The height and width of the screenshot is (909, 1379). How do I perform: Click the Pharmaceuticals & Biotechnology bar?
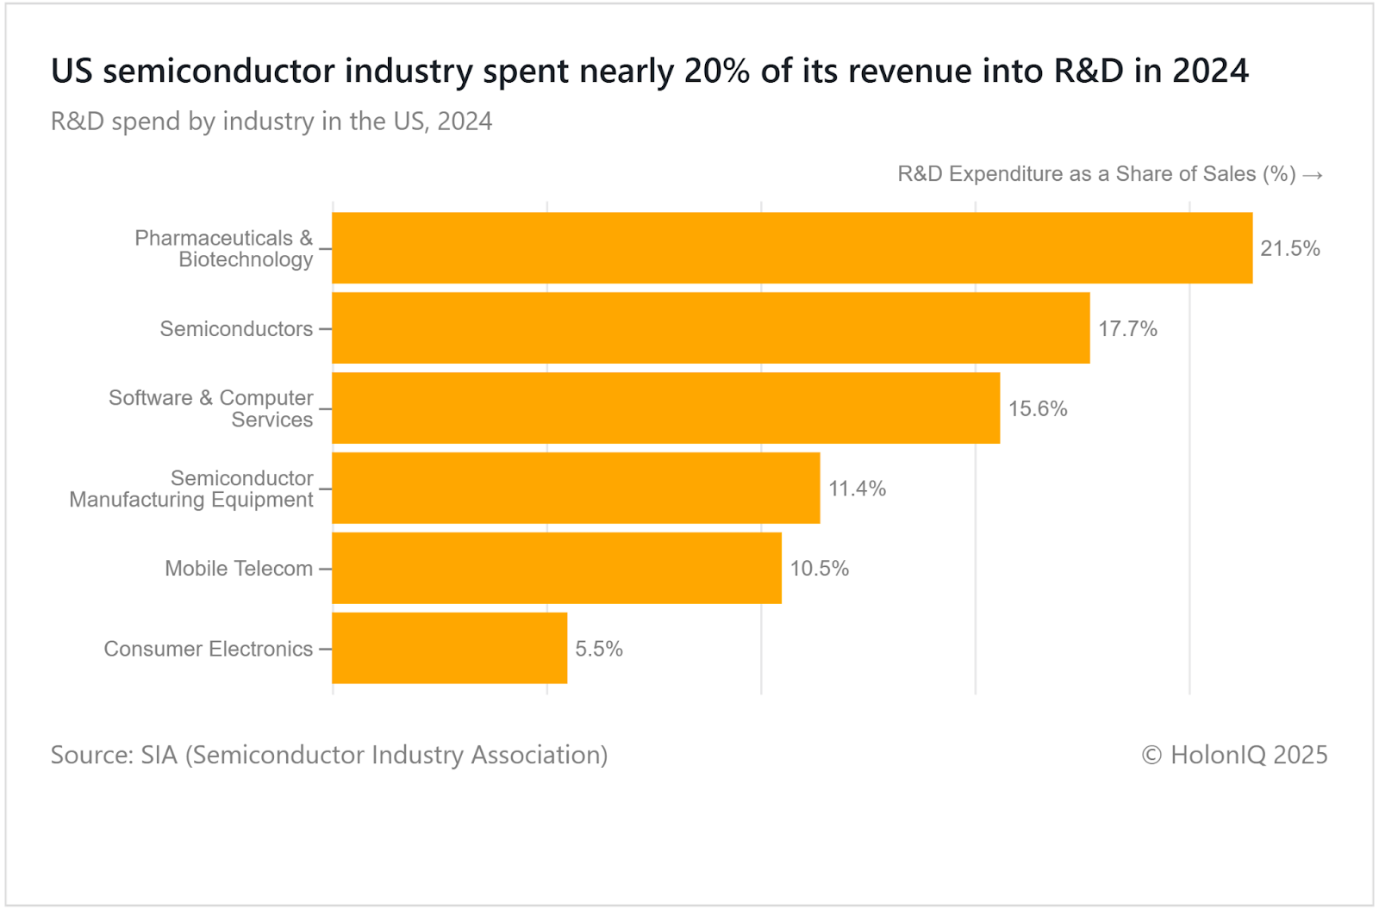(792, 248)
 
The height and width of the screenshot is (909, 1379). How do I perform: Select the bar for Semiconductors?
(711, 328)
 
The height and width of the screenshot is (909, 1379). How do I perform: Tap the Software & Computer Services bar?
(666, 408)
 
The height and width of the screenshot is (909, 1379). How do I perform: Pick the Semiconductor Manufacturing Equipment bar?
(576, 489)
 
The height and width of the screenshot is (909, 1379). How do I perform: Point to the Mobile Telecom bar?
(557, 569)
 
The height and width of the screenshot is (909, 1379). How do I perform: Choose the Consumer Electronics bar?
(450, 649)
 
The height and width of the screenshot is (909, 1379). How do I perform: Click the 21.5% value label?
(1290, 249)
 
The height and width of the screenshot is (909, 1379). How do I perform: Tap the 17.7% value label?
(1127, 329)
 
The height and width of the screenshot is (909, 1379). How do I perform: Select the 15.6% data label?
(1038, 409)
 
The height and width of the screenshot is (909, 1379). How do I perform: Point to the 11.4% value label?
(857, 489)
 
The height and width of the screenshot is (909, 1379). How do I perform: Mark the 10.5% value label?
(819, 570)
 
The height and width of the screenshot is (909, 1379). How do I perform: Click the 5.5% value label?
(599, 650)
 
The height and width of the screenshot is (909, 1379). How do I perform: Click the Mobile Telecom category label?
(239, 569)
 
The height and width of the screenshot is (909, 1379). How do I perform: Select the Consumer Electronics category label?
(209, 649)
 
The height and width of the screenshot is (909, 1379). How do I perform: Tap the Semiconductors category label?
(236, 329)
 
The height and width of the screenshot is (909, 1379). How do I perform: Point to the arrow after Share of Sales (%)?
(1313, 175)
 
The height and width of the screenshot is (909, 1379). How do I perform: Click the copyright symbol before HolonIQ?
(1151, 756)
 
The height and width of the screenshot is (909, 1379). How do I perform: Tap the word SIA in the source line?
(159, 755)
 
